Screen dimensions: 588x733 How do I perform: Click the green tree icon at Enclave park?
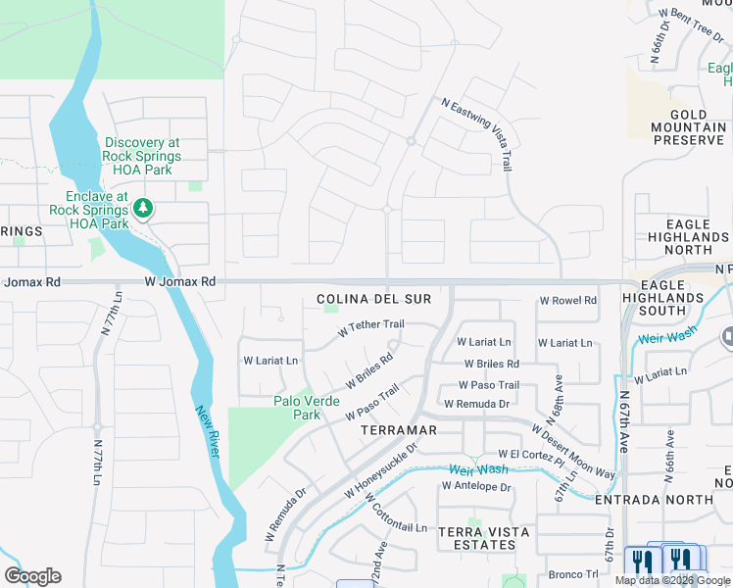click(x=143, y=208)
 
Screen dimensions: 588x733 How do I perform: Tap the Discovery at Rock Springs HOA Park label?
click(x=142, y=156)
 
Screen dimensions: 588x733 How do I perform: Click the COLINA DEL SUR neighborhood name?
click(x=366, y=299)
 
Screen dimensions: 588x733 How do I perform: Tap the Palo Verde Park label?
click(x=306, y=408)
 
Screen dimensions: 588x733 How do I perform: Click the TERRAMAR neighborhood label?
click(x=398, y=430)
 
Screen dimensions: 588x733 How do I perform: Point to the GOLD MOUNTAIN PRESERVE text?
click(x=690, y=127)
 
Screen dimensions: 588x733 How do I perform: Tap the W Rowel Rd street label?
click(x=568, y=301)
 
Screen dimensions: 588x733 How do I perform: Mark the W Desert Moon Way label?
click(x=573, y=451)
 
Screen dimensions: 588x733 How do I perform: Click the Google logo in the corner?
click(x=32, y=576)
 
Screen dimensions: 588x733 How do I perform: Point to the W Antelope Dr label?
click(x=475, y=485)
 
